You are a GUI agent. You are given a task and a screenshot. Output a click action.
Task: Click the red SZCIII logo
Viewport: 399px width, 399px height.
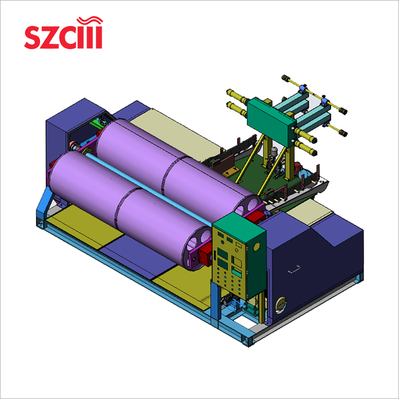pyautogui.click(x=63, y=35)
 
